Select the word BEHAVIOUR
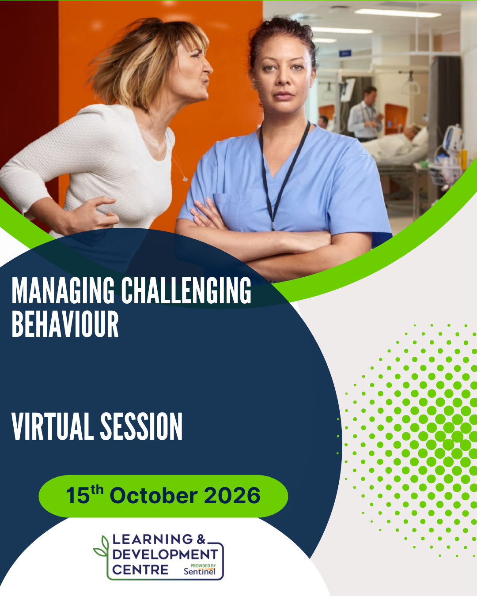65,324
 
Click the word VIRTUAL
53,426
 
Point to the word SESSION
141,426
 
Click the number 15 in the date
78,495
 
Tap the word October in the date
154,495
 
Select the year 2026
232,495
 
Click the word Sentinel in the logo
200,571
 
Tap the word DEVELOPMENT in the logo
165,554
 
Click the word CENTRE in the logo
140,570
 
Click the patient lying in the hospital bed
396,144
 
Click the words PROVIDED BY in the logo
203,566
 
